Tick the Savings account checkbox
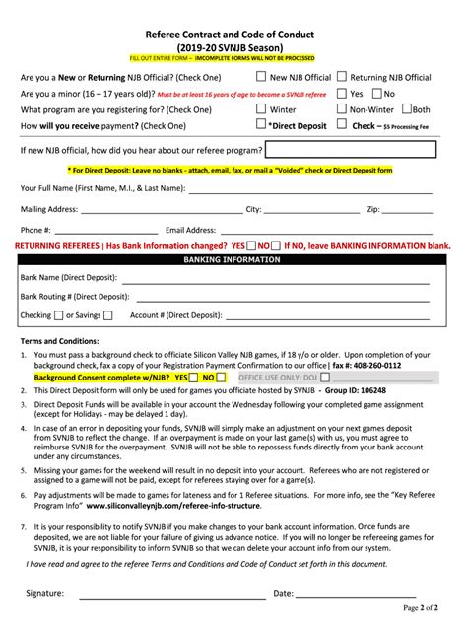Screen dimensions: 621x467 (x=108, y=314)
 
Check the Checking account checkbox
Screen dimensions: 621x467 (x=58, y=314)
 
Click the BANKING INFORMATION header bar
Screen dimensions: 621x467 (x=233, y=259)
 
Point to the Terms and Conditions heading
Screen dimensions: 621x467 (x=57, y=341)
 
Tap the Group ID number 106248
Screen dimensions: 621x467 (x=394, y=390)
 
